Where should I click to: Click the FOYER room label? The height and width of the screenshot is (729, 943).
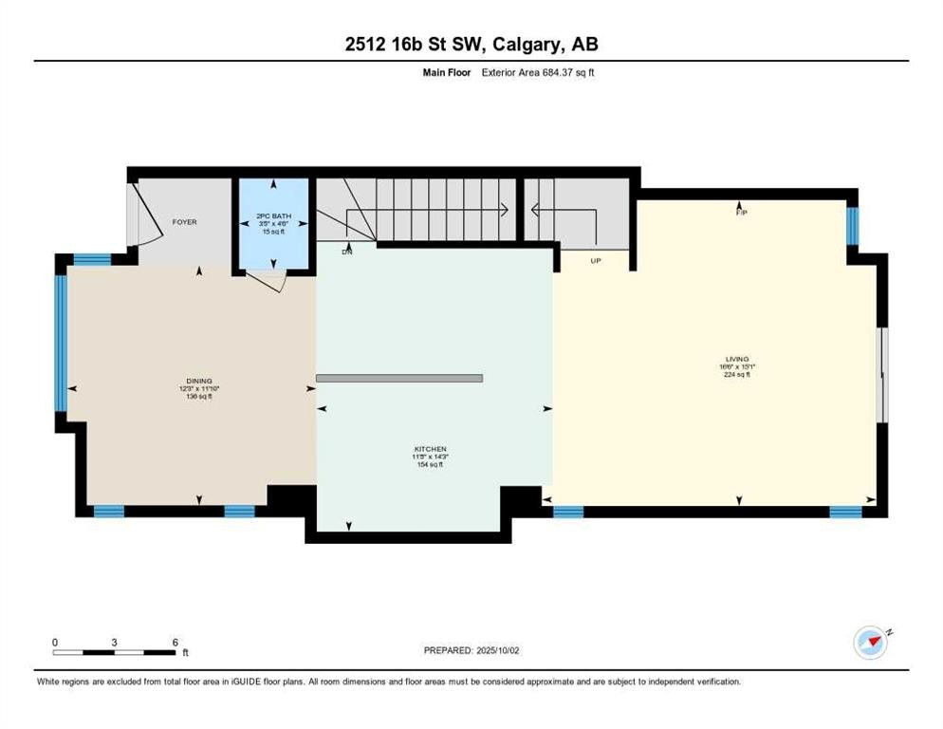point(184,222)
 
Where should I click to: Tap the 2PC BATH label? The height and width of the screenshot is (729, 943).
point(272,215)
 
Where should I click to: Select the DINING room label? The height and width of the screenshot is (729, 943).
point(199,381)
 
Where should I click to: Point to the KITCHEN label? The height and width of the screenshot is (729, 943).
point(430,449)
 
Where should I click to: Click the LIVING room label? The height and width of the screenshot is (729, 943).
point(737,359)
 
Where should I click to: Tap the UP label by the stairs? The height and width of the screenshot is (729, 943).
point(596,260)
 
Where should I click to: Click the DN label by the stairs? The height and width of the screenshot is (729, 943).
point(347,252)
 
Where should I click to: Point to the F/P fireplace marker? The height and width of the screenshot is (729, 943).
point(742,213)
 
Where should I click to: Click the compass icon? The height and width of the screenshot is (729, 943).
point(870,643)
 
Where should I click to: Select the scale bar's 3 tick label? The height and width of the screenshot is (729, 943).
point(114,643)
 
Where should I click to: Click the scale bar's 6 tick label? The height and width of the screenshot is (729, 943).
point(176,643)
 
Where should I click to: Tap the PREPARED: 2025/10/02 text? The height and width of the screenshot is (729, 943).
point(471,650)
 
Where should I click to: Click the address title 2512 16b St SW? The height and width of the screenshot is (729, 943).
point(471,44)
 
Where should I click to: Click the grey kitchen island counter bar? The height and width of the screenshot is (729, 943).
point(398,378)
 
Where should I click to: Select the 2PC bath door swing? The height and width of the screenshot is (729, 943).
point(266,279)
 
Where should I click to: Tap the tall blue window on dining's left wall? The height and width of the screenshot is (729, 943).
point(61,343)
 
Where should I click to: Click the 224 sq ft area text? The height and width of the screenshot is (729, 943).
point(737,375)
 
